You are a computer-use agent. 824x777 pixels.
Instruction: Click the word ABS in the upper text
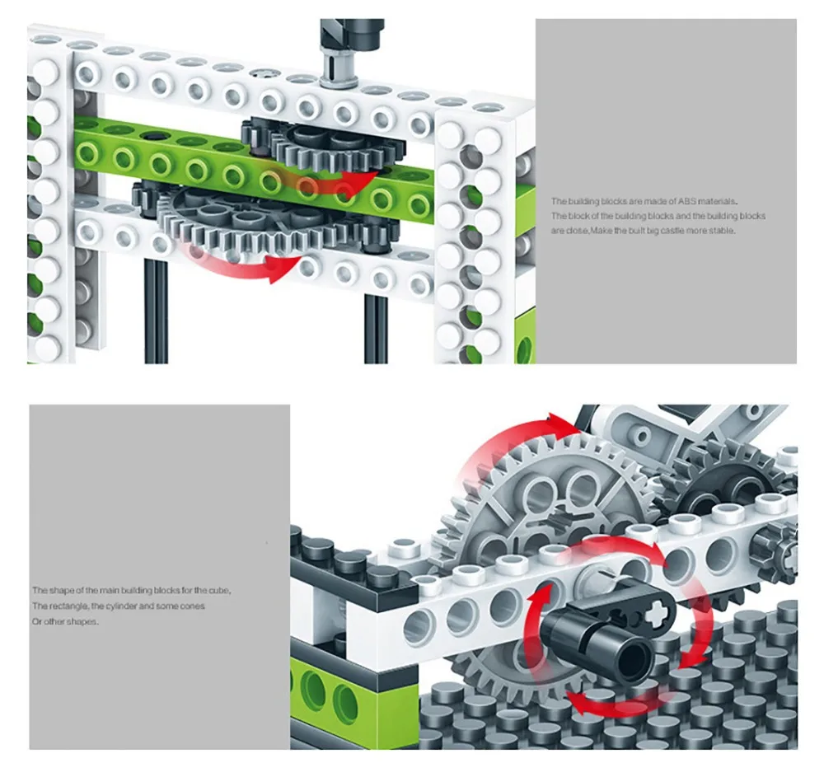click(x=686, y=201)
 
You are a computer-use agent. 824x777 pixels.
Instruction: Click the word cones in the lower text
click(x=194, y=606)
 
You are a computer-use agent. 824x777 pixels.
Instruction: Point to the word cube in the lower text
click(x=220, y=591)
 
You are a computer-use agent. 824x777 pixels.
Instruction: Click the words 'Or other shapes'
click(x=65, y=621)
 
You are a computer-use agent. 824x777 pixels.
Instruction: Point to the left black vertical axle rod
click(x=156, y=311)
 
